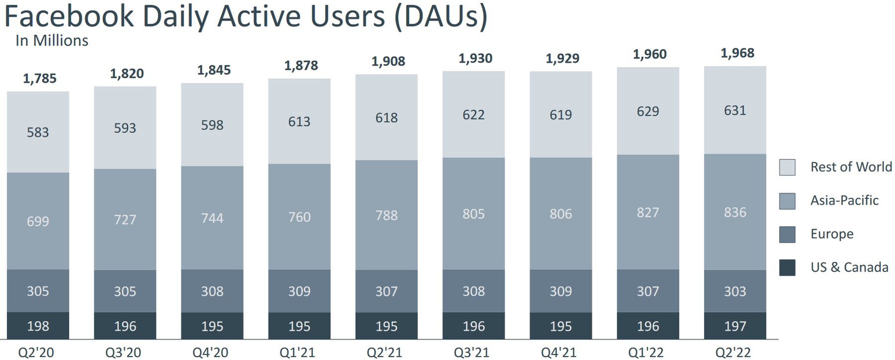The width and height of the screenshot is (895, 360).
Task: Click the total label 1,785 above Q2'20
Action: click(x=40, y=79)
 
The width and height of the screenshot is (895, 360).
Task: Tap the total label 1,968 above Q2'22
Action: click(x=737, y=53)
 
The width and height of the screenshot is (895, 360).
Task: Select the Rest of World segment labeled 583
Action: click(x=38, y=132)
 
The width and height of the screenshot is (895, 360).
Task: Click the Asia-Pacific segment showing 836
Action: click(x=735, y=212)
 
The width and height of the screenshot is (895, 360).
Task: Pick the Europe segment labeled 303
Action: click(x=735, y=291)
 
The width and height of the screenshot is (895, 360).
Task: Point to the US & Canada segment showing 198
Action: click(x=38, y=326)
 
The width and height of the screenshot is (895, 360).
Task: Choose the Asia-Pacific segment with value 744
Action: click(x=212, y=218)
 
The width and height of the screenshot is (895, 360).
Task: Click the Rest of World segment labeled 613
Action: click(x=299, y=122)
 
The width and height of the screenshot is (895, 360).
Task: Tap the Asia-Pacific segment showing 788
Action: click(x=386, y=215)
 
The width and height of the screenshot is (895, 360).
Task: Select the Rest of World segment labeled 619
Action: click(x=561, y=115)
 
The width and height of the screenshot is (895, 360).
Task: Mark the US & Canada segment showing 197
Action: click(x=735, y=326)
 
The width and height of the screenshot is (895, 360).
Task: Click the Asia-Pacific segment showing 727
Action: click(x=125, y=220)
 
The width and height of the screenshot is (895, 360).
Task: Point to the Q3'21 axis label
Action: click(x=472, y=353)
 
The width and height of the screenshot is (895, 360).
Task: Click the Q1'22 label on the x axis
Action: click(x=646, y=353)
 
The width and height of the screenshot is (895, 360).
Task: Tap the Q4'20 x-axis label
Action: click(x=210, y=353)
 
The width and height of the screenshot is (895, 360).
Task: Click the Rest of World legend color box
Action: click(x=787, y=168)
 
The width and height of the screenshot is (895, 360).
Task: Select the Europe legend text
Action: click(x=832, y=234)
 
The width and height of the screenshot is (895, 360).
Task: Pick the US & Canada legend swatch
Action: click(x=787, y=268)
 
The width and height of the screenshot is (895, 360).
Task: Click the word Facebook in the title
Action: click(x=69, y=16)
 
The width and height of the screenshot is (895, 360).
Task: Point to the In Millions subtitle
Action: click(x=52, y=41)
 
